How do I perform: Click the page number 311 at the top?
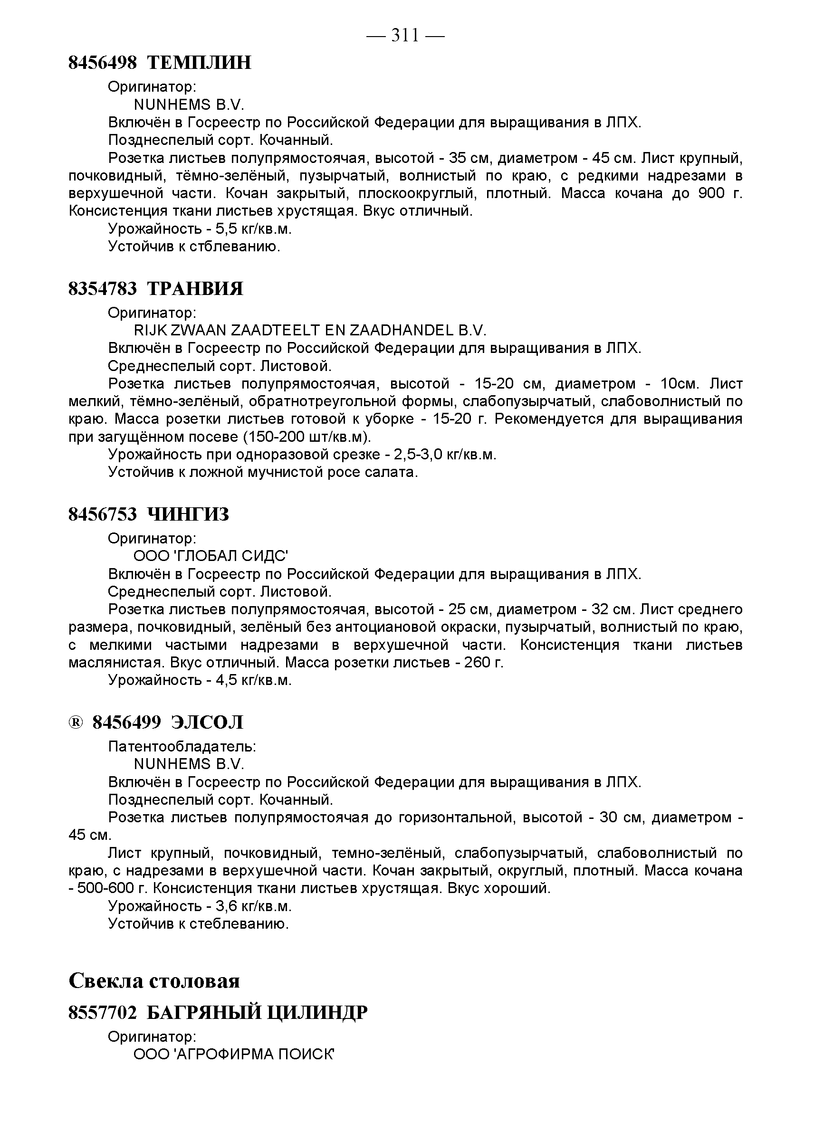click(405, 35)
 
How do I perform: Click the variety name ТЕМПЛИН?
click(200, 63)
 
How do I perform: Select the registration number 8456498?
click(103, 63)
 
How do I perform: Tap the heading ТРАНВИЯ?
click(195, 288)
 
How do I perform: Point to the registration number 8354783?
click(103, 288)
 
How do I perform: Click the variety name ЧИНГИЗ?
click(189, 514)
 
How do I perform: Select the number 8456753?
click(103, 514)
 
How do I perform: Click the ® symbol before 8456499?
click(75, 723)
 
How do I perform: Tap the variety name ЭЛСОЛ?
click(207, 723)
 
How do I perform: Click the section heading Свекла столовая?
click(154, 980)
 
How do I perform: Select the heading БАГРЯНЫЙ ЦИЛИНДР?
click(257, 1013)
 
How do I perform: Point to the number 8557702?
click(103, 1013)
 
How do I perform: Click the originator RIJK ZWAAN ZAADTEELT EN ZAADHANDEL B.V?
click(310, 331)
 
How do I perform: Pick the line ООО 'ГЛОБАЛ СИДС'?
click(211, 556)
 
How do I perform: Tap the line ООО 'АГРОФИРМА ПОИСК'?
click(234, 1054)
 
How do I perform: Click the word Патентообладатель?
click(182, 747)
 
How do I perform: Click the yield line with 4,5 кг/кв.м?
click(200, 680)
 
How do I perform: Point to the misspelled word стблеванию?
click(234, 247)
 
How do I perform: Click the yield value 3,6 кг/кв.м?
click(253, 906)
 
